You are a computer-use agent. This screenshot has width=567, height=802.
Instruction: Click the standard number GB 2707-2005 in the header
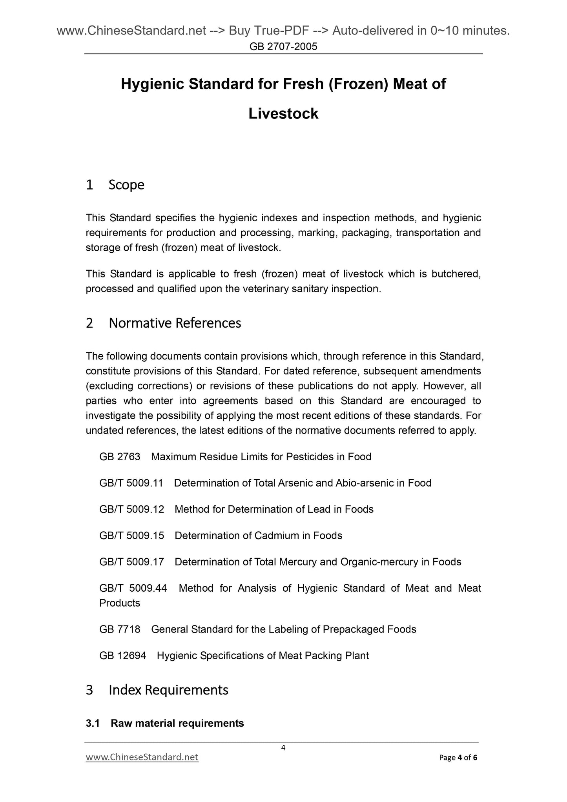[x=283, y=47]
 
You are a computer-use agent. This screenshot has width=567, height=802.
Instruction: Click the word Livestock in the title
[x=283, y=114]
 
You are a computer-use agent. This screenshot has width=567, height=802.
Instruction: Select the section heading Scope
[x=126, y=184]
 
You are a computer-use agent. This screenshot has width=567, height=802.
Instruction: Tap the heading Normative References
[x=175, y=323]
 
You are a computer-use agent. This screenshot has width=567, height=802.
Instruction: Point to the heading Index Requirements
[x=168, y=689]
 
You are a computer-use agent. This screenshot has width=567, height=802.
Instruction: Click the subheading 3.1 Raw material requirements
[x=165, y=723]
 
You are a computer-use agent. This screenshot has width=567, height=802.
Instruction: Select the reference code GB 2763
[x=120, y=457]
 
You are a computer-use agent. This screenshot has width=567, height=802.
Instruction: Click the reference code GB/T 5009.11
[x=131, y=483]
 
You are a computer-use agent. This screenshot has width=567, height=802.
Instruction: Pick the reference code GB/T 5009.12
[x=131, y=509]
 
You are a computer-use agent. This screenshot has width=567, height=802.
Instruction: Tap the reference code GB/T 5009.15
[x=131, y=536]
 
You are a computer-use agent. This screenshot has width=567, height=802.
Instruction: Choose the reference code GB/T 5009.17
[x=131, y=562]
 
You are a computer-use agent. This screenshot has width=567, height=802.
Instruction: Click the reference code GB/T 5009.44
[x=133, y=588]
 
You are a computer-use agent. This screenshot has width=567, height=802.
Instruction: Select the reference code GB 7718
[x=120, y=629]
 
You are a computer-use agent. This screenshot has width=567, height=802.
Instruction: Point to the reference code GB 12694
[x=122, y=656]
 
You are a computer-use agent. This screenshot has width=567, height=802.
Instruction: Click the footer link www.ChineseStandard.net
[x=142, y=757]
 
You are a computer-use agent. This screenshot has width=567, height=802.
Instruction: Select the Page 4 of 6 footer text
[x=458, y=758]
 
